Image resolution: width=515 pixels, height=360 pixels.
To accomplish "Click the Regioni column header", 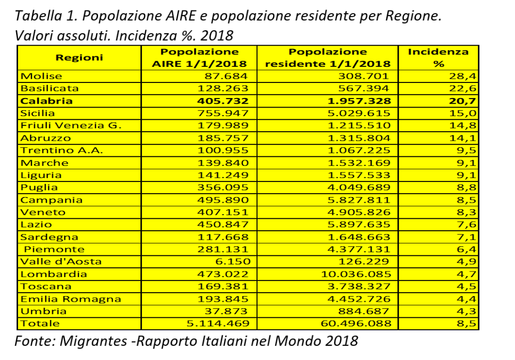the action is point(79,57).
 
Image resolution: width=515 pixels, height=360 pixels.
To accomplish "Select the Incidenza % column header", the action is point(438,57).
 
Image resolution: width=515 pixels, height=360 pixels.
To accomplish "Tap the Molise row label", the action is point(41,76).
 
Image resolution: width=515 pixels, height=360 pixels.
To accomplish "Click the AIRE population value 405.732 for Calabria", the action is point(223,101).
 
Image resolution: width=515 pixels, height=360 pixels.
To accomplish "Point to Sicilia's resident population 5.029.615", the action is point(359,113).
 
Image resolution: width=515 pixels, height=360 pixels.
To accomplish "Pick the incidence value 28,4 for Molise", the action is point(463,76).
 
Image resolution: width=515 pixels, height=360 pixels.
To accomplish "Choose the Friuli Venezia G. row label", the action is point(71,126).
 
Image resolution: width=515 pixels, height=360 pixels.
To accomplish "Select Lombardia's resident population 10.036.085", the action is point(356,274).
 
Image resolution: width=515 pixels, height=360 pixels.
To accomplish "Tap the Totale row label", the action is point(40,323).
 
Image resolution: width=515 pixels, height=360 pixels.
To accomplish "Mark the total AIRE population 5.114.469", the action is point(218,323).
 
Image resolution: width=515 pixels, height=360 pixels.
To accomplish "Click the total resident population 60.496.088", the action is point(356,323).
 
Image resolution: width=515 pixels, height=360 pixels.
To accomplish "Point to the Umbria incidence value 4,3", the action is point(466,311).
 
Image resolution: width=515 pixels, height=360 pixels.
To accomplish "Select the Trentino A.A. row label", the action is point(62,150).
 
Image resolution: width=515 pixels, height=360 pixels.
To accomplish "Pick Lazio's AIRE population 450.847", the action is point(223,224).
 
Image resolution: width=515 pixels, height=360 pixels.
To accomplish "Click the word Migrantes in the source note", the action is point(93,341).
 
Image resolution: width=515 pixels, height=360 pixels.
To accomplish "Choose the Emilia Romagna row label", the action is point(70,299).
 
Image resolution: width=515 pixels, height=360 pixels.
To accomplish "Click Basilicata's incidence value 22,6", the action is point(463,88).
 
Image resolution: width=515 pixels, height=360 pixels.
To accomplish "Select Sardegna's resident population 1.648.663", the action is point(359,237).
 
